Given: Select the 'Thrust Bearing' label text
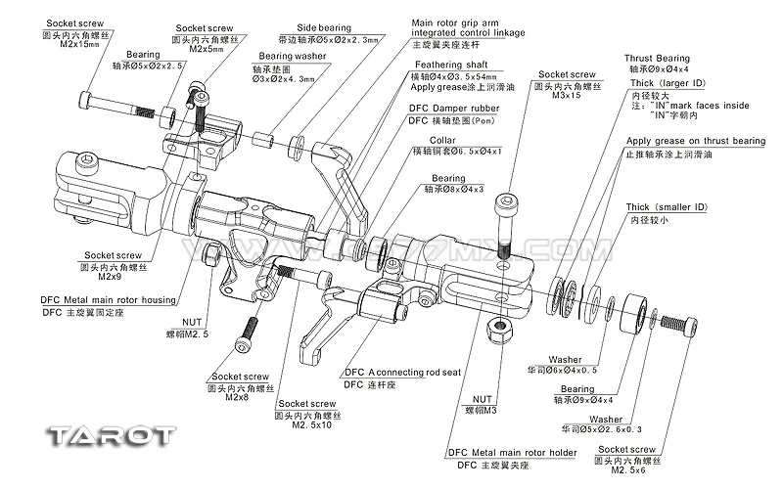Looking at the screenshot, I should (658, 58).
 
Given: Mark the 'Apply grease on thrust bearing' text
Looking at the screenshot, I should (695, 141).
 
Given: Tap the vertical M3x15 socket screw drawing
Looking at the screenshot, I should (506, 223).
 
